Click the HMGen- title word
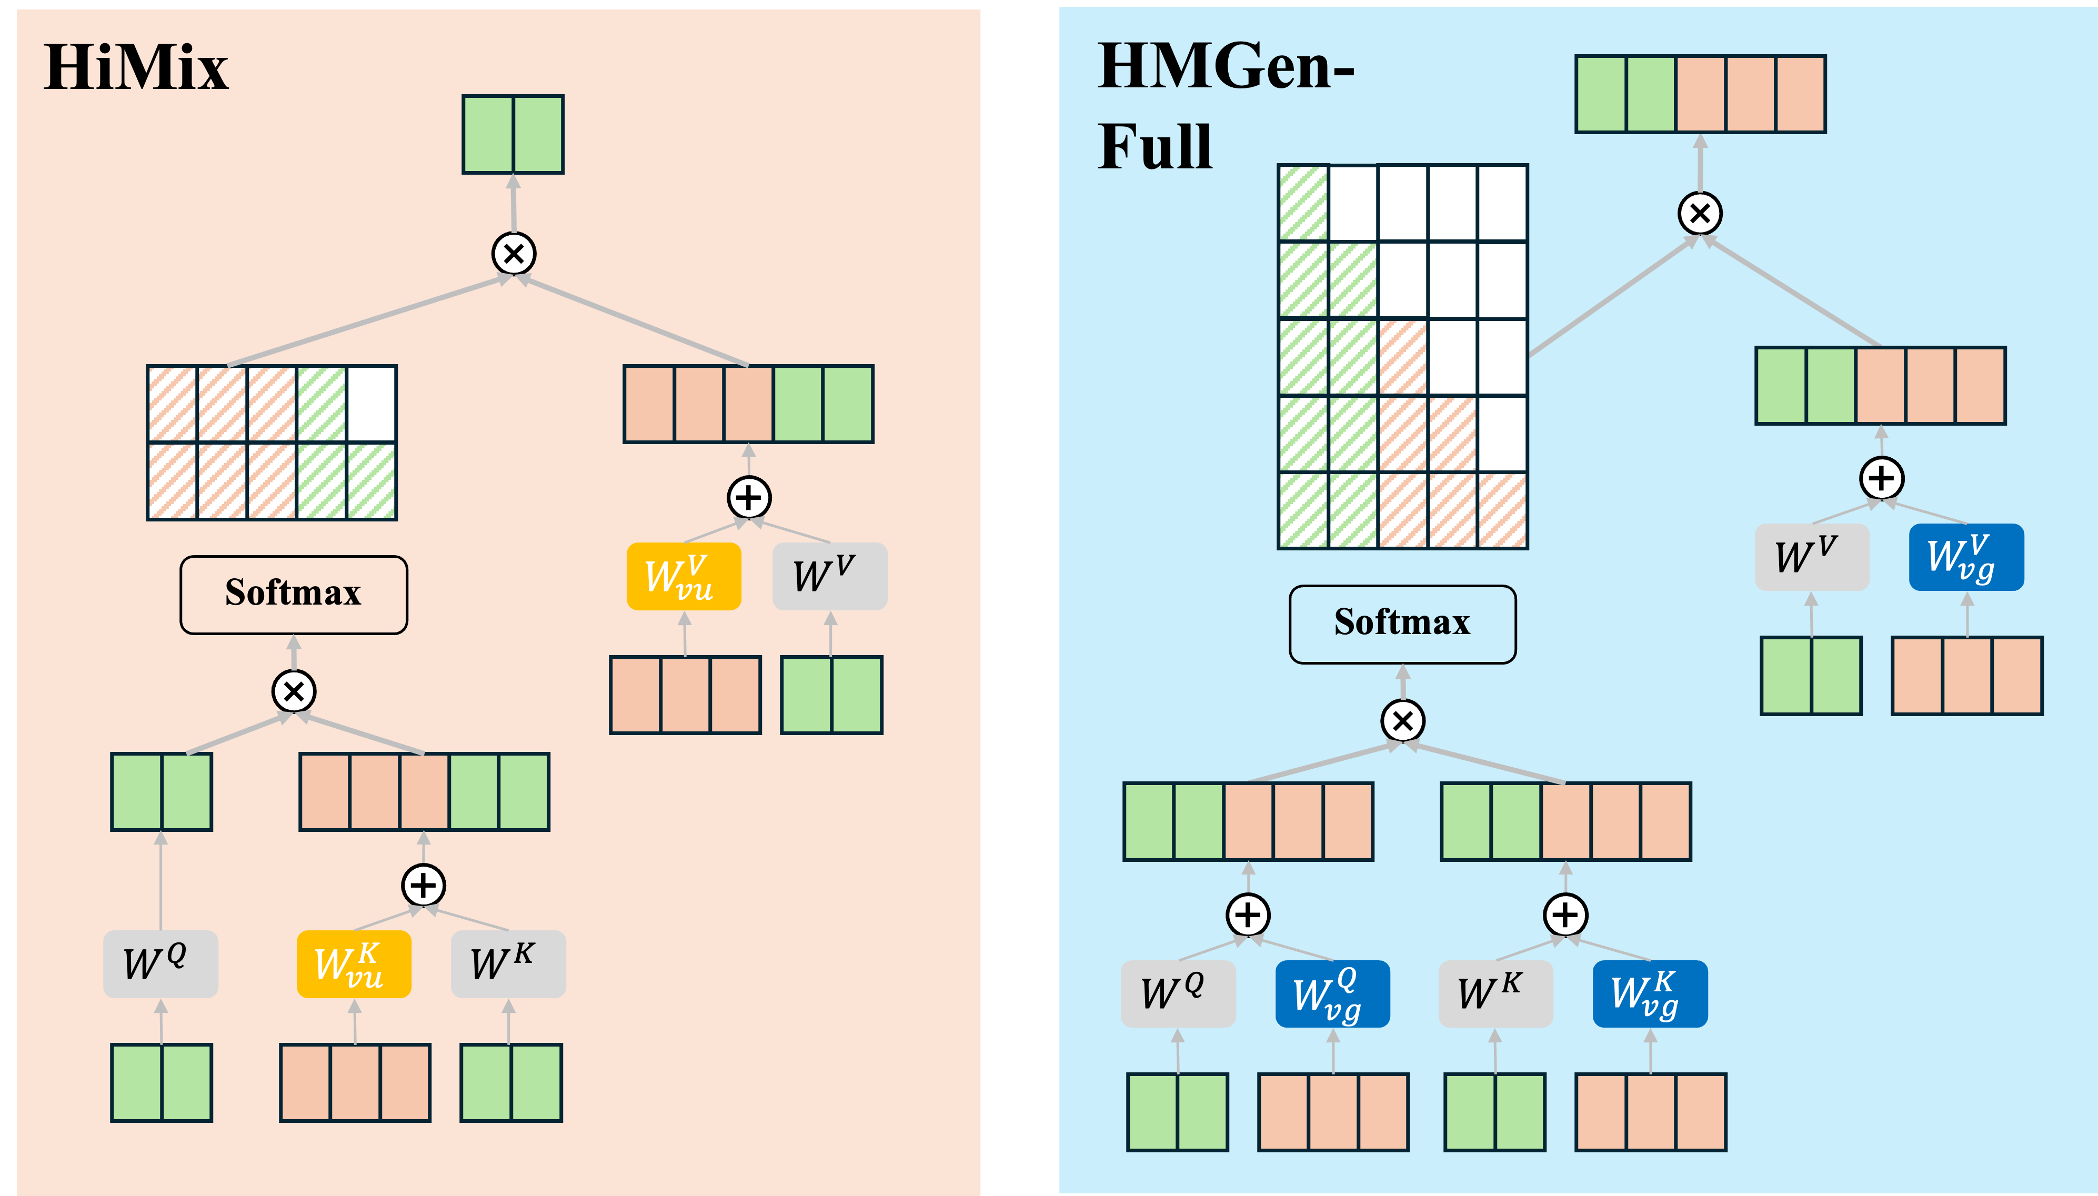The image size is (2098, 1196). pyautogui.click(x=1226, y=66)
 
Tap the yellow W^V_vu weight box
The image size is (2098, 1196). pyautogui.click(x=684, y=576)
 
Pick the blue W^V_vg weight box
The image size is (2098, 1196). pyautogui.click(x=1966, y=557)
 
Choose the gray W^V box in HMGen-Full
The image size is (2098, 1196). pyautogui.click(x=1811, y=557)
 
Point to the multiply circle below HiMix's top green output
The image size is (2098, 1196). pyautogui.click(x=514, y=253)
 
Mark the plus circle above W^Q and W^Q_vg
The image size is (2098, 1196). pyautogui.click(x=1248, y=914)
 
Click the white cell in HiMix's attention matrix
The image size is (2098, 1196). pyautogui.click(x=372, y=404)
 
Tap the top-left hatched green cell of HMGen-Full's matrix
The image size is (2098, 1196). pyautogui.click(x=1303, y=203)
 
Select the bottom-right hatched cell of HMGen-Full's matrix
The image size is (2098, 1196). pyautogui.click(x=1502, y=510)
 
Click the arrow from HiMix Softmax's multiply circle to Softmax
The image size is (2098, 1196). pyautogui.click(x=293, y=653)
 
